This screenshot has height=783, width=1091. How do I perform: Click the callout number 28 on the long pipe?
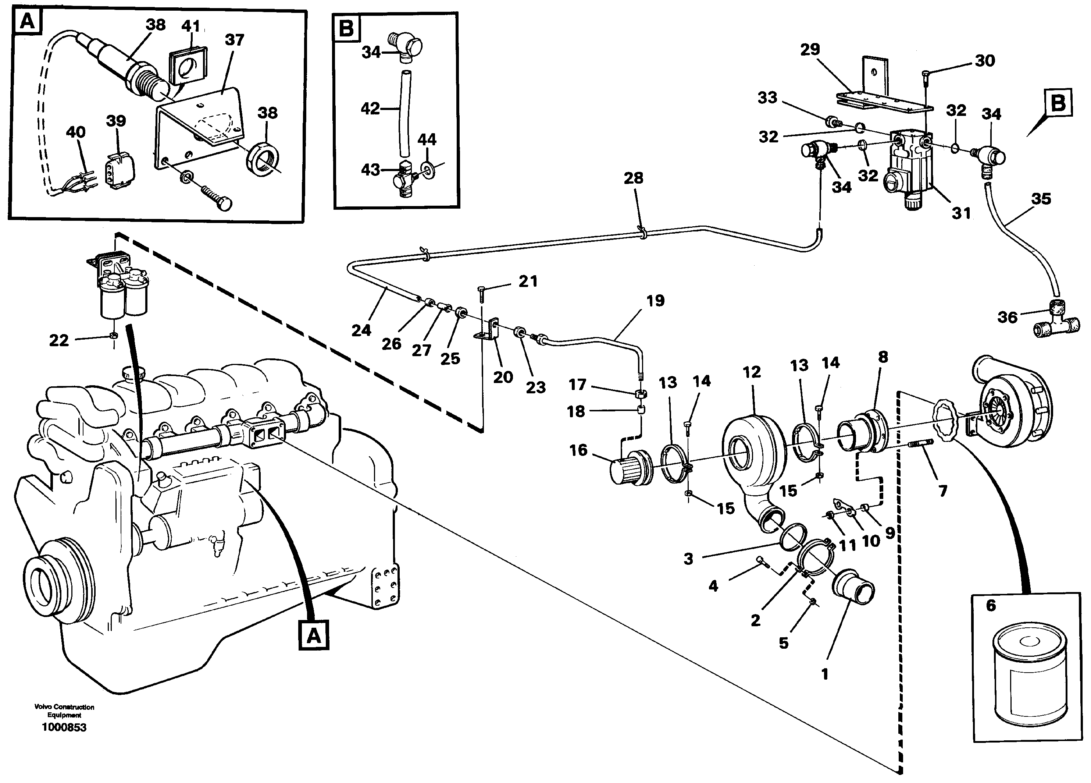(633, 178)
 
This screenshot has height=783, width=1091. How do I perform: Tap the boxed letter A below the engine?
(314, 636)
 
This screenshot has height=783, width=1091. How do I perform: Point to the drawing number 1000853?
(64, 727)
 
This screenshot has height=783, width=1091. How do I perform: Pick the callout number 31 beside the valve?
(961, 213)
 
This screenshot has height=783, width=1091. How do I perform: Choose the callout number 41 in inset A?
(190, 26)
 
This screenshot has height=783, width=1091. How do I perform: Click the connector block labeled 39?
(119, 170)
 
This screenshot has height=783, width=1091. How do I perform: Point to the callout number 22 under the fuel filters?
(59, 340)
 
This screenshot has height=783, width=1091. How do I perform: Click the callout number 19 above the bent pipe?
(655, 300)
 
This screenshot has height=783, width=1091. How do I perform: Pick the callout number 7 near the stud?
(943, 491)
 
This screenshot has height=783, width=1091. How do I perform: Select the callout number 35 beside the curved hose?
(1041, 198)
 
